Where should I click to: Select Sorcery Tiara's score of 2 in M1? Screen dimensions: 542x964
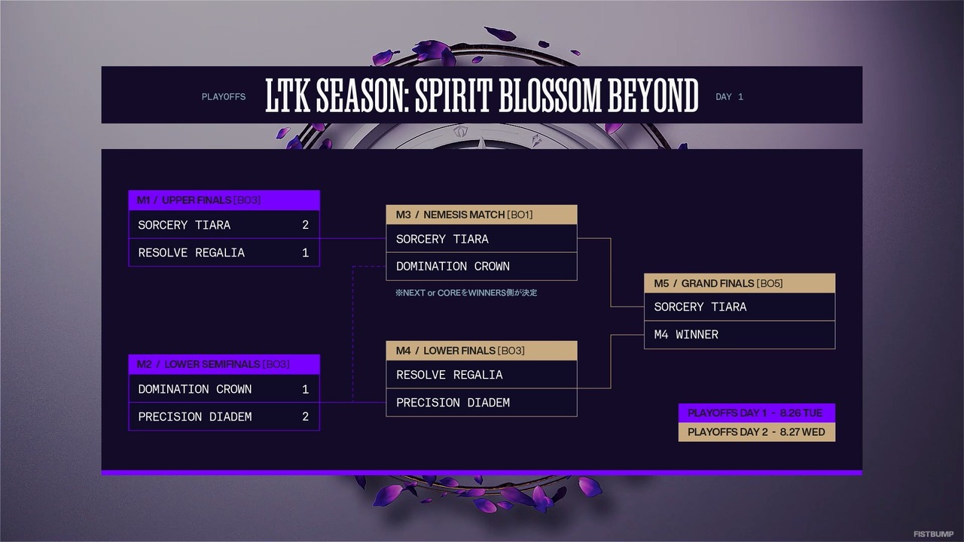point(305,225)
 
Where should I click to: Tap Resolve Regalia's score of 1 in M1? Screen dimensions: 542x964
point(305,253)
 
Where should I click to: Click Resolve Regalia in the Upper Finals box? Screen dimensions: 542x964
point(191,253)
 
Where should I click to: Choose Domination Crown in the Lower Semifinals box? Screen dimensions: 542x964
point(195,389)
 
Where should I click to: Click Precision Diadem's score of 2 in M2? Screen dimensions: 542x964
point(305,417)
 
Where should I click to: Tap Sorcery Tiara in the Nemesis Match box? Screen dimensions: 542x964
point(442,239)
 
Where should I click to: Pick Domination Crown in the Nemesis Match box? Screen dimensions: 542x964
point(453,266)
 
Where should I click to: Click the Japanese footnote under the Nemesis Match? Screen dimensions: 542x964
point(466,293)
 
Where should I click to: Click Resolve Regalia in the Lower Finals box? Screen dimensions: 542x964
point(449,375)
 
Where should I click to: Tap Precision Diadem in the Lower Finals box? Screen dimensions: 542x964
point(453,403)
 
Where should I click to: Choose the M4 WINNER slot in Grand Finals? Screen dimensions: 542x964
point(686,334)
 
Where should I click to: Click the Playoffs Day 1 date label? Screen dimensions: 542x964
point(755,413)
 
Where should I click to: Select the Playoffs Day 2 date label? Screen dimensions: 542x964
point(756,432)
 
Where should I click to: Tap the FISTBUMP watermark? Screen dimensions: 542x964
point(933,534)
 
